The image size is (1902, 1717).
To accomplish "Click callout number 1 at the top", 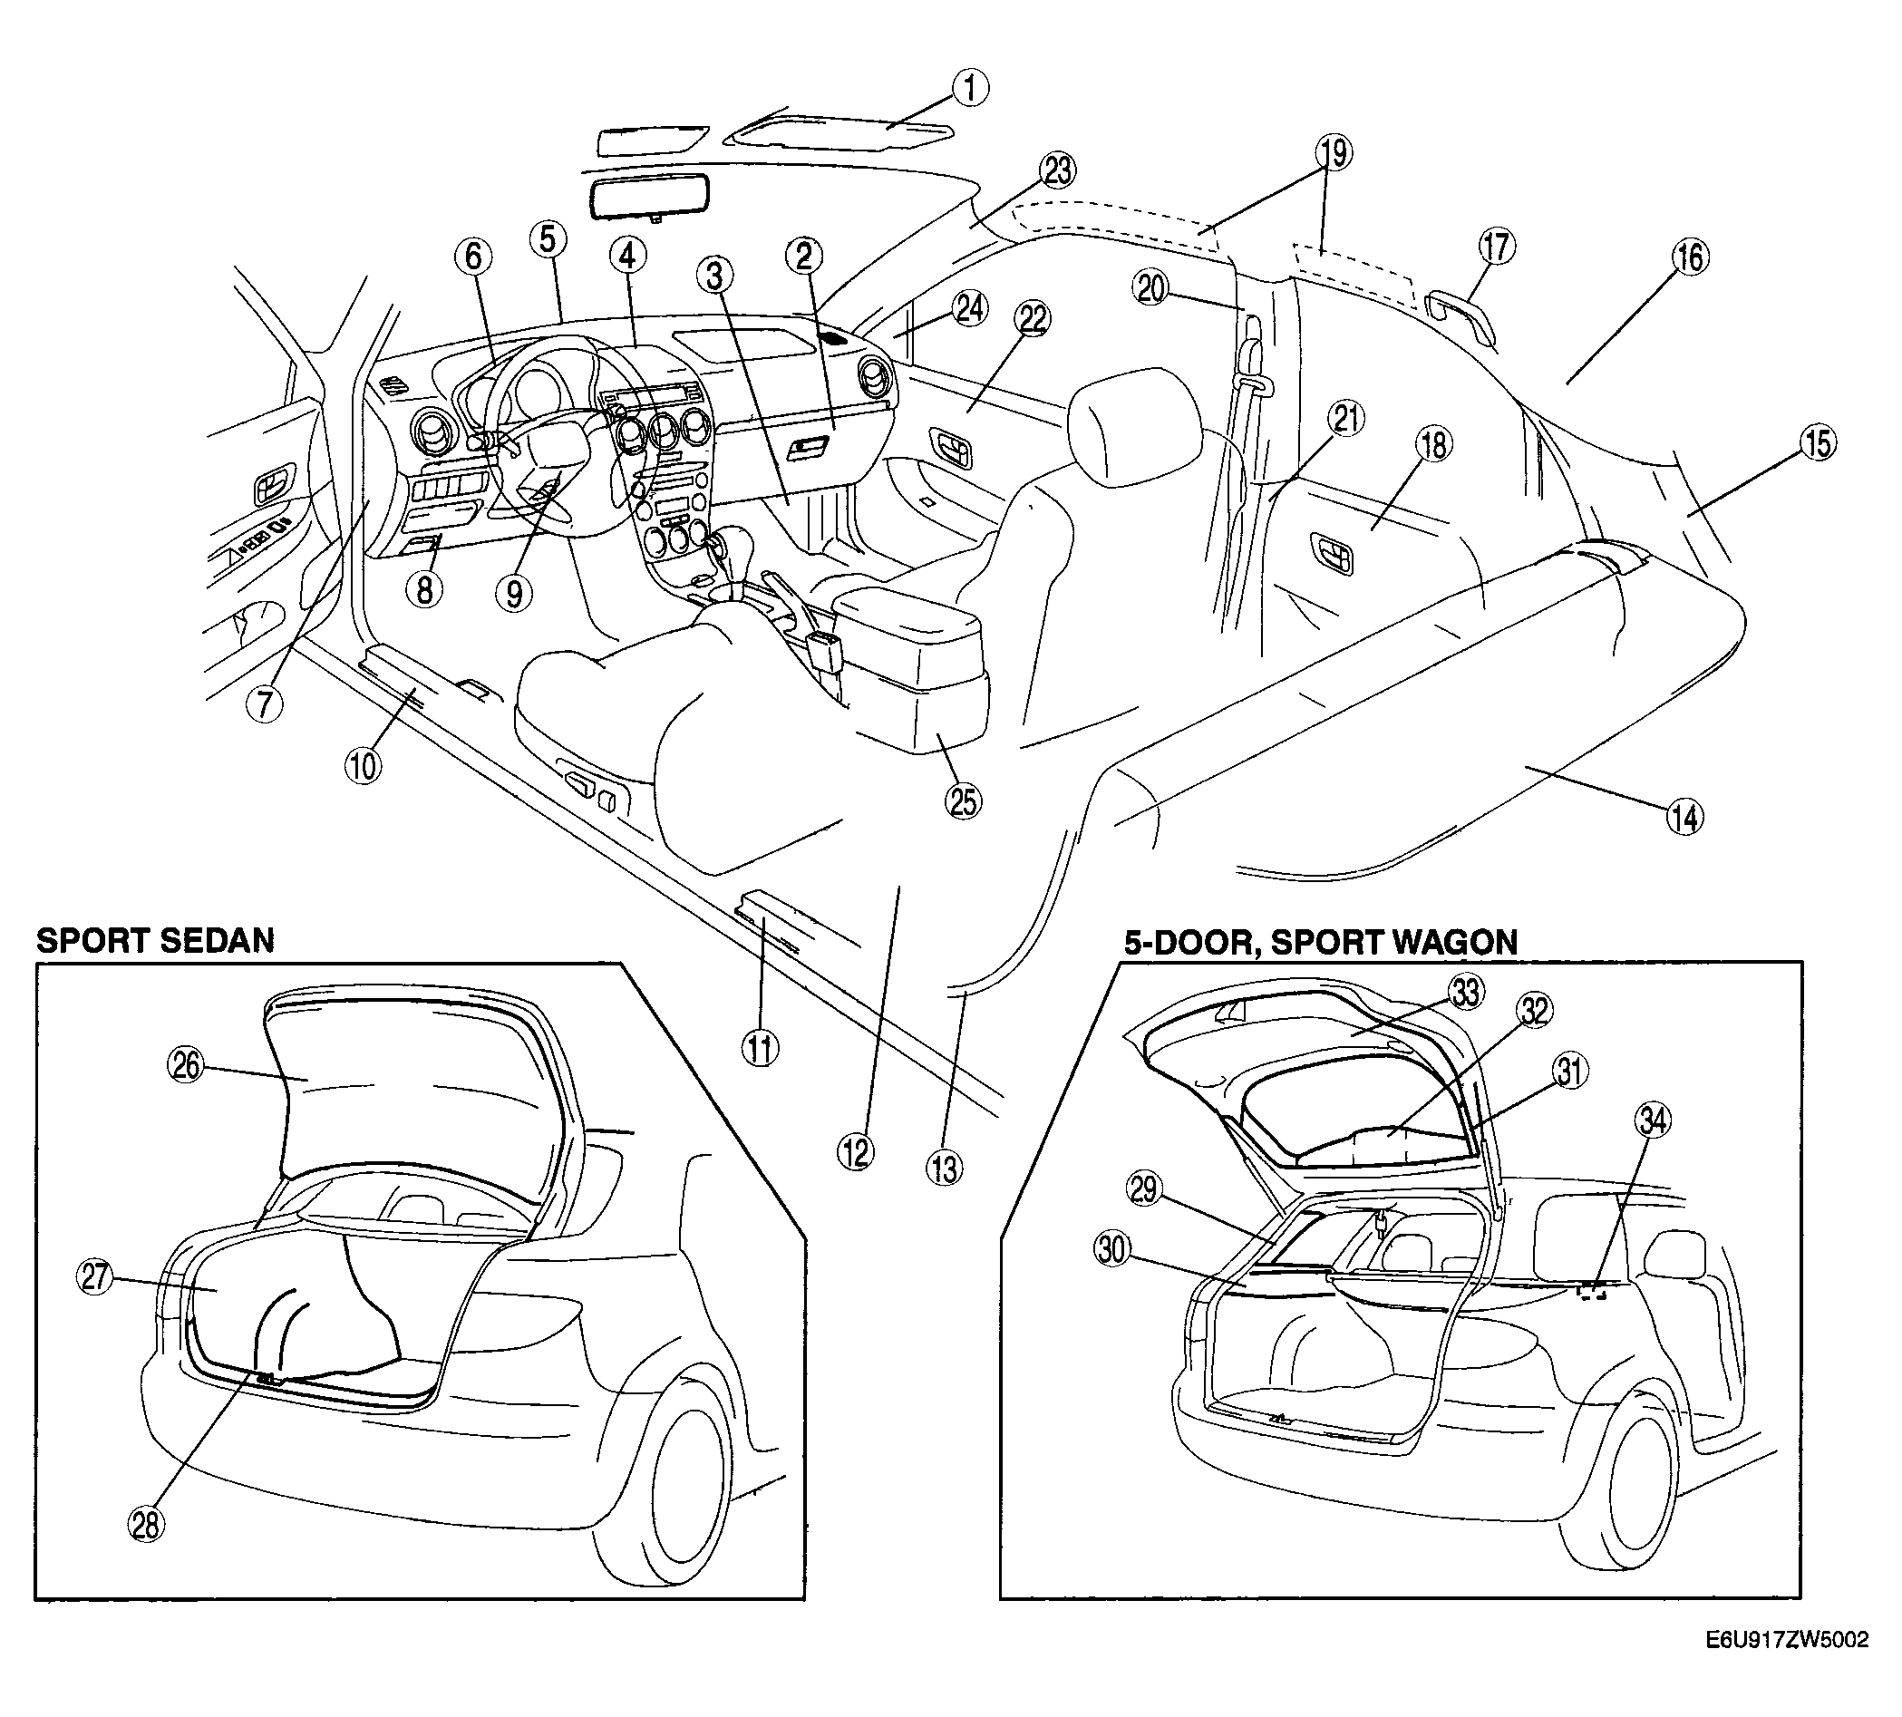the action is [970, 88].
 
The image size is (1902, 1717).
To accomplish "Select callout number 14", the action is [1685, 817].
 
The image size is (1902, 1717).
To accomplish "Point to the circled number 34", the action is [1654, 1120].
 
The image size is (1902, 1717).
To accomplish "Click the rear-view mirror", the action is [650, 199].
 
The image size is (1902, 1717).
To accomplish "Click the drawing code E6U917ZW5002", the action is [1787, 1666].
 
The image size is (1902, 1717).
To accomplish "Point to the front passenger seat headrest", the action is [1135, 426].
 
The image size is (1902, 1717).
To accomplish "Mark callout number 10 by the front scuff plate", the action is [364, 764].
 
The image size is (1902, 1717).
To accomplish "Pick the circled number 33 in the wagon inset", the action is [1465, 994].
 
